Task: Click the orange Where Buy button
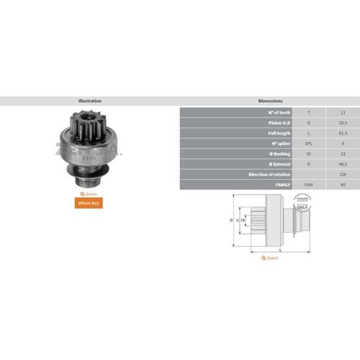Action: pyautogui.click(x=91, y=203)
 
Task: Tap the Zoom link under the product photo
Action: pyautogui.click(x=90, y=194)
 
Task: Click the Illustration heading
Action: pyautogui.click(x=90, y=101)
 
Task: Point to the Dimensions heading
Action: pyautogui.click(x=269, y=101)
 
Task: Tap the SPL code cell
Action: pyautogui.click(x=310, y=143)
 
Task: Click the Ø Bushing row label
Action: pyautogui.click(x=276, y=154)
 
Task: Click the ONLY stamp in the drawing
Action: pyautogui.click(x=302, y=209)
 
